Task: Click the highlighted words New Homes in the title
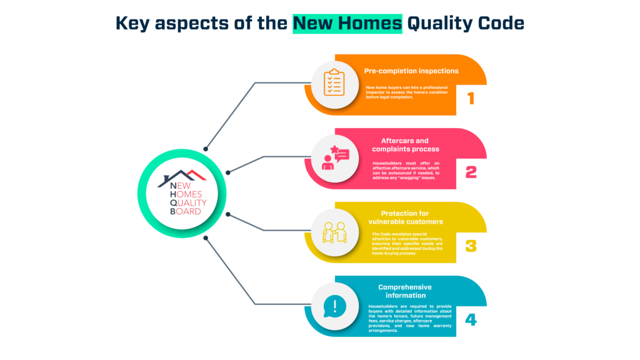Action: coord(347,23)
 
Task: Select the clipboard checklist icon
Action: coord(334,82)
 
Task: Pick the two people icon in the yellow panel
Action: coord(335,232)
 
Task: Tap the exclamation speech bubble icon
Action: coord(335,306)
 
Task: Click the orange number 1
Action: coord(471,98)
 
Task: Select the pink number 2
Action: coord(471,172)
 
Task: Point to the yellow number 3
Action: coord(471,246)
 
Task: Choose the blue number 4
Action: coord(471,319)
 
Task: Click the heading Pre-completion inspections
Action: coord(411,71)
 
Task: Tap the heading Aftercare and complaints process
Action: coord(405,145)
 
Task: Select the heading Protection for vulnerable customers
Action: coord(405,217)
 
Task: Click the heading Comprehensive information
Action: coord(405,291)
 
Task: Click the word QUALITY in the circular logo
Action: coord(188,203)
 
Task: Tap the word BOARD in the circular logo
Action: coord(185,211)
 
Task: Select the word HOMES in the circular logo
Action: coord(186,194)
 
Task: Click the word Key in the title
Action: coord(132,23)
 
